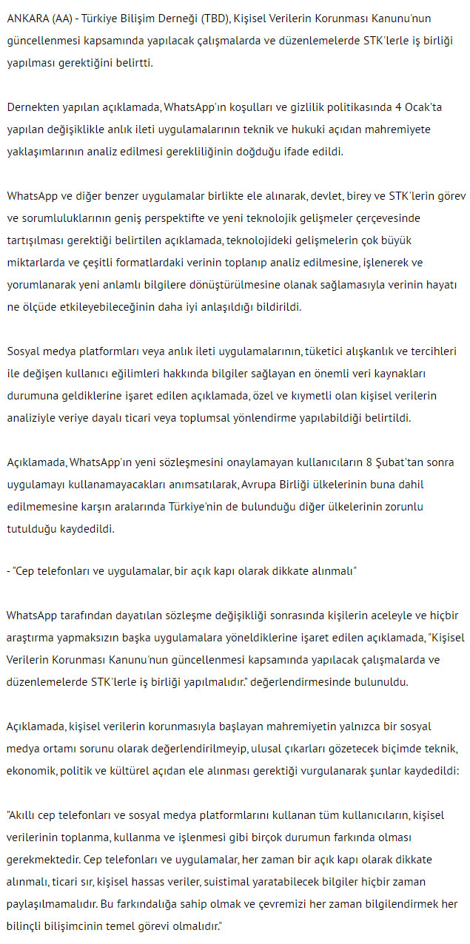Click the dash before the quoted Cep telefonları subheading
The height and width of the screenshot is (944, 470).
coord(8,573)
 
